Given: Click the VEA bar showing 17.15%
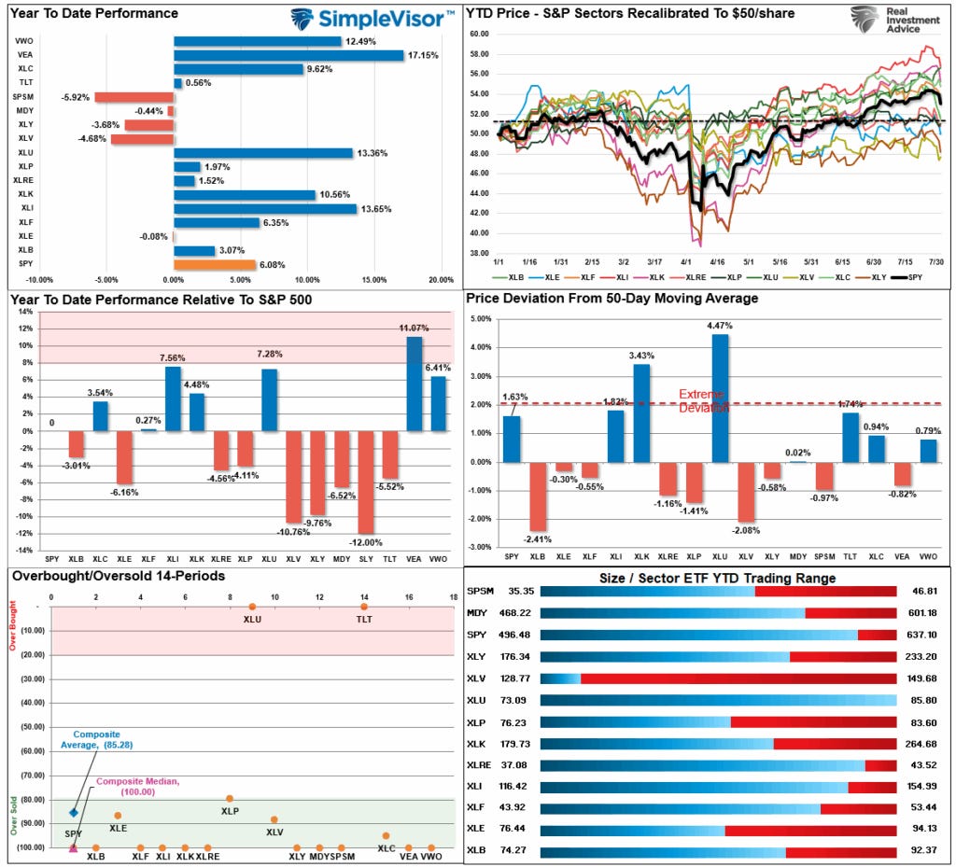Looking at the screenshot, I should (x=288, y=55).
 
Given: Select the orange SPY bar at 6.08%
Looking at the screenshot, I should (x=202, y=264).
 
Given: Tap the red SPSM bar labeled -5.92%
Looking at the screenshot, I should (x=134, y=97).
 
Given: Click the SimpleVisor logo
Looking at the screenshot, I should (x=373, y=18).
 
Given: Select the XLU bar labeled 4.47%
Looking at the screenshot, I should (x=719, y=399).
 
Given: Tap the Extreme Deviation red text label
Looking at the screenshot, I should (x=701, y=400).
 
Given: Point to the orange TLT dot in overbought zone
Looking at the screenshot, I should (x=364, y=608).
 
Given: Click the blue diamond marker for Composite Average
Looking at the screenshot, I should (x=74, y=812).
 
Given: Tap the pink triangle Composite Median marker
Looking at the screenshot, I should (x=74, y=847).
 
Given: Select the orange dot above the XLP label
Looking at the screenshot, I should (x=230, y=799).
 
